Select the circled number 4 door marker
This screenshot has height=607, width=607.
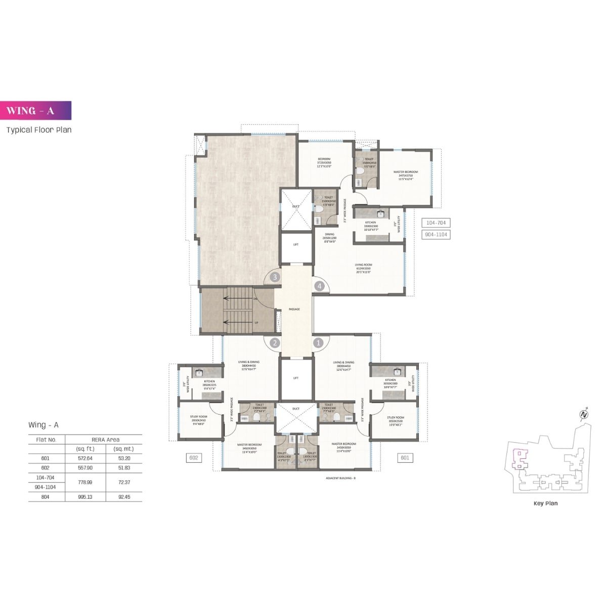[319, 286]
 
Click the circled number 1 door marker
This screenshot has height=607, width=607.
[319, 342]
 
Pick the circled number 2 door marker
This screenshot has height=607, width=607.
[275, 342]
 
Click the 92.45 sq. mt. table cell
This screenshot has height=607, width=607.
[123, 497]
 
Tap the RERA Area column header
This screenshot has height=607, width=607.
[105, 439]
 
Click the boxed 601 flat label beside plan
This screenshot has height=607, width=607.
[405, 458]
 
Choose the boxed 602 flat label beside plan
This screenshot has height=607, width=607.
[192, 458]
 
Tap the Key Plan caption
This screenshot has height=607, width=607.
[546, 503]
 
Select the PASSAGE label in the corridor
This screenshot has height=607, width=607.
[294, 309]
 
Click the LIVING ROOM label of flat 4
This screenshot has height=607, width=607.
[363, 265]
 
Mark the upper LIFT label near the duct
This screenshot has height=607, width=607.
[296, 244]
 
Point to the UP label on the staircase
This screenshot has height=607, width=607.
[257, 322]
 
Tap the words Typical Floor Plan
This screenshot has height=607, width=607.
[39, 129]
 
